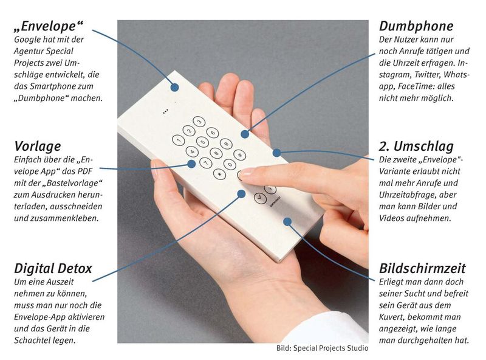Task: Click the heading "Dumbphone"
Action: [x=416, y=26]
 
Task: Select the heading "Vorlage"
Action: [x=37, y=147]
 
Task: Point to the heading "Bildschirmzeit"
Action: [x=422, y=268]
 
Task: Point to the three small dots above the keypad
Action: [x=164, y=112]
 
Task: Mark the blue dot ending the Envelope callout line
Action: [x=174, y=87]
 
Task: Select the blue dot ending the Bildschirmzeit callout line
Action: [x=293, y=222]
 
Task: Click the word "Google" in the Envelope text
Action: [x=27, y=40]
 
